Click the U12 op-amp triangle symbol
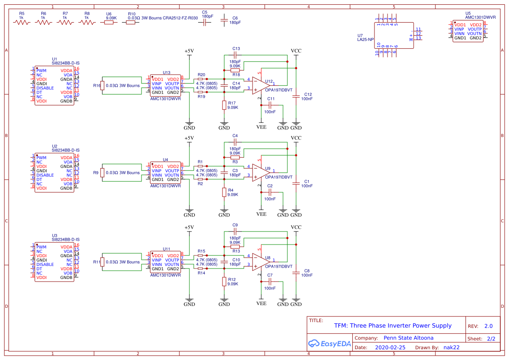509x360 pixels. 260,85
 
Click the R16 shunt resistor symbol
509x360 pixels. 102,85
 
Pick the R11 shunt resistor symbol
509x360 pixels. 102,262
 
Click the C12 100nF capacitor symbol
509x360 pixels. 296,96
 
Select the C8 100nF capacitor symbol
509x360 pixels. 296,273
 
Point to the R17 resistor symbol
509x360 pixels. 224,105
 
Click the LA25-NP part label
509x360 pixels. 365,39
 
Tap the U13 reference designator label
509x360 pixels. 166,72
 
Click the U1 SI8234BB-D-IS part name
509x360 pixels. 65,63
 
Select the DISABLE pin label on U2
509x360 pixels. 45,175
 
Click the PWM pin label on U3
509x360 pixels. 41,247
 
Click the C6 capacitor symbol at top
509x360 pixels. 224,20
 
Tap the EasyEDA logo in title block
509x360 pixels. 329,343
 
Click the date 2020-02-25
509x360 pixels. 390,347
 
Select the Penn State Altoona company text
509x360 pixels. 408,338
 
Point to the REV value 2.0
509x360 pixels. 488,326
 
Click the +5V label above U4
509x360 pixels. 189,138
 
